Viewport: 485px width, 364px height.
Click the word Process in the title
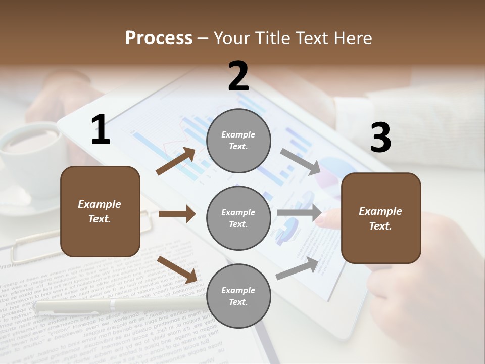coord(159,38)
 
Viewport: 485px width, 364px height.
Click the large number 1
coord(101,130)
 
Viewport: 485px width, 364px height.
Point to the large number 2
coord(238,76)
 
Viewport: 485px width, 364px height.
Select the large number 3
coord(380,138)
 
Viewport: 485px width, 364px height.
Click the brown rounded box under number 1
coord(100,211)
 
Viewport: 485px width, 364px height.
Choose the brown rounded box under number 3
coord(381,218)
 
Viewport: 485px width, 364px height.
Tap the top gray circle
coord(238,141)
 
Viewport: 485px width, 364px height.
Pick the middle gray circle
coord(238,218)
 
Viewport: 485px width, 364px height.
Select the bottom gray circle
coord(238,296)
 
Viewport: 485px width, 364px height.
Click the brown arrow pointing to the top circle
coord(176,161)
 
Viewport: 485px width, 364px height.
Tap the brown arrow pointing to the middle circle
coord(177,214)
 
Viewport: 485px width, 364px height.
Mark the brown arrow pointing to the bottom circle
coord(177,269)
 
